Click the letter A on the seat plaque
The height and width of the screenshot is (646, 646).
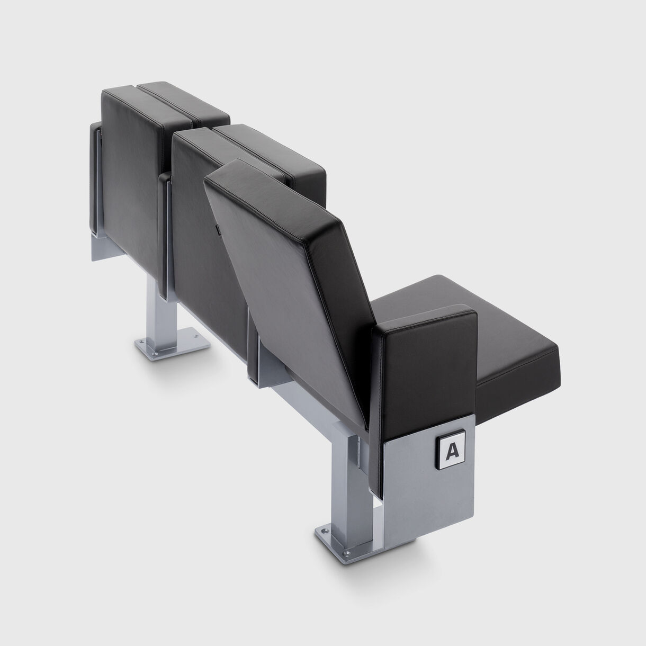click(452, 450)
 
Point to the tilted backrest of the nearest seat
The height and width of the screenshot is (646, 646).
click(297, 275)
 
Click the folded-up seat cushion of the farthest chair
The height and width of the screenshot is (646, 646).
click(185, 101)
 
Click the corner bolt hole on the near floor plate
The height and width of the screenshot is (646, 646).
click(321, 528)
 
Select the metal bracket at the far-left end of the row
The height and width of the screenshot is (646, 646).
click(95, 180)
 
